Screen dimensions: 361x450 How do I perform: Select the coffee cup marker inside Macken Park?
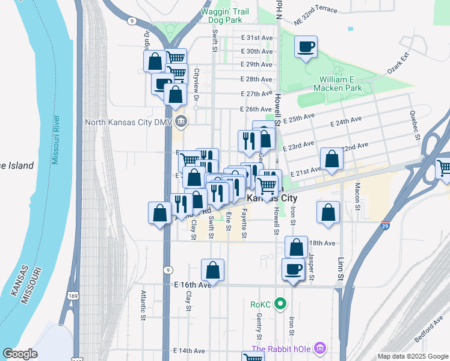coord(306,47)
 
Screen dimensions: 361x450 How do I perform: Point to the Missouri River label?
coord(55,140)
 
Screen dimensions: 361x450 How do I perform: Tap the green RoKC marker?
coord(280,304)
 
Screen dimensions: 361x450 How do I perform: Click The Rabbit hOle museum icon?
coord(320,348)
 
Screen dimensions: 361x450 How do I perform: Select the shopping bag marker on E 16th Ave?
coord(212,270)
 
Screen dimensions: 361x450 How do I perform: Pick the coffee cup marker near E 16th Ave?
coord(293,270)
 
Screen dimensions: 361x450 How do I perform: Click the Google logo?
coord(20,354)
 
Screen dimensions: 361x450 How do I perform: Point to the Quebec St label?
coord(415,125)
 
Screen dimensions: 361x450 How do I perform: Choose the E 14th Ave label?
coord(190,351)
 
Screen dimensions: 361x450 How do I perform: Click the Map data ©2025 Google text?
coord(412,356)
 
